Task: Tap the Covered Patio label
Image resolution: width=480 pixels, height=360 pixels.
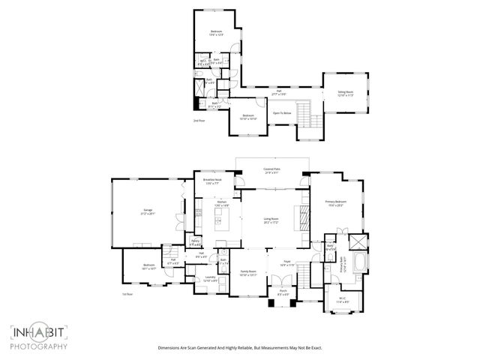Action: [x=271, y=170]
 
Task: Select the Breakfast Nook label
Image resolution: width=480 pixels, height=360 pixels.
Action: [x=212, y=181]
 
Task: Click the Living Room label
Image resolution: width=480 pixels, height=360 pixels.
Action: [x=271, y=220]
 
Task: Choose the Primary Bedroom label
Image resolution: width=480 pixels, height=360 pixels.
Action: [x=335, y=202]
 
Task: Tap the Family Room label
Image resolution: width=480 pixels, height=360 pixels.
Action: [x=247, y=273]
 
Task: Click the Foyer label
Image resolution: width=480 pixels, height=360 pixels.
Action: [x=286, y=263]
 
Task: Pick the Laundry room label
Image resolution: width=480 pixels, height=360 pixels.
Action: [x=210, y=278]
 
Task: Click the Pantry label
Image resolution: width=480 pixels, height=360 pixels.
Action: [x=195, y=241]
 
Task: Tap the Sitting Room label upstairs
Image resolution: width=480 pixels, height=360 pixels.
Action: [x=345, y=92]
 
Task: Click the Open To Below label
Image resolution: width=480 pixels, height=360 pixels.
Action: [x=282, y=113]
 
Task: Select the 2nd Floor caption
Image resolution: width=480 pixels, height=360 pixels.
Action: [x=199, y=119]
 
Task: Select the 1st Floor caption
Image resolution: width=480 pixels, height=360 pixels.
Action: [x=127, y=295]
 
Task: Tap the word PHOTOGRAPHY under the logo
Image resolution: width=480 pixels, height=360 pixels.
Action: [x=39, y=346]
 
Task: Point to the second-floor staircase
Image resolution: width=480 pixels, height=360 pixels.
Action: [x=304, y=115]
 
